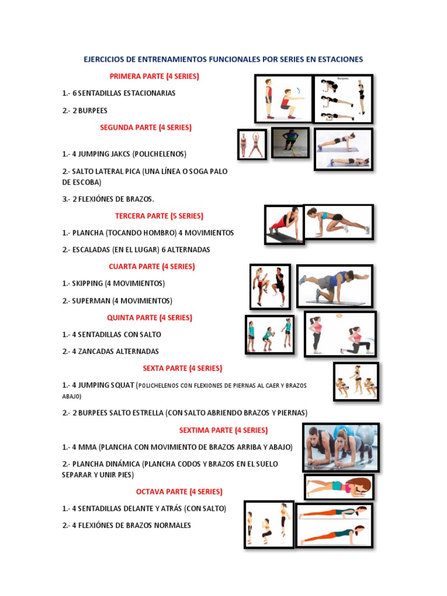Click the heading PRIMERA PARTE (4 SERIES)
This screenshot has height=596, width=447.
click(x=154, y=76)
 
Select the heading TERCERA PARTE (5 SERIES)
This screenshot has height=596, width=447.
click(x=159, y=216)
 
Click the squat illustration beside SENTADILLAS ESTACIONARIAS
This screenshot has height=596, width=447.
click(x=283, y=98)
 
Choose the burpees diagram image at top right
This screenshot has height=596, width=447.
click(x=343, y=98)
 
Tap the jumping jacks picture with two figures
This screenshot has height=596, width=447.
click(x=252, y=144)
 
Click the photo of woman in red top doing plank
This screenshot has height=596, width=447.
click(x=284, y=224)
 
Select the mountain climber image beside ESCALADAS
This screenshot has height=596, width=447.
click(x=339, y=222)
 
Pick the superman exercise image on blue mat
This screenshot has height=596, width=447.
click(x=335, y=286)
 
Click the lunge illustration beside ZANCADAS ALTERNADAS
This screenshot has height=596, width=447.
click(x=341, y=334)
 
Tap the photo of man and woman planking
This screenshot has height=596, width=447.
click(x=341, y=447)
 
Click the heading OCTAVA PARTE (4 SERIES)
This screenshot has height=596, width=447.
click(x=179, y=492)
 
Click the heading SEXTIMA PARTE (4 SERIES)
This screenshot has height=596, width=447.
click(x=223, y=431)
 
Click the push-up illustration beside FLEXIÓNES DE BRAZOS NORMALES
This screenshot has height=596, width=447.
click(x=335, y=525)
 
